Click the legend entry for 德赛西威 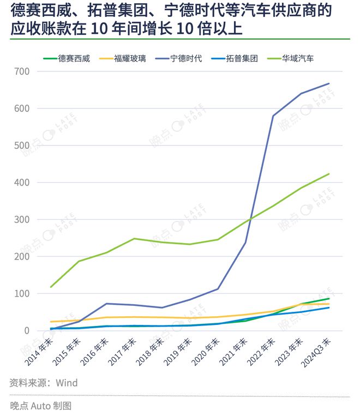coord(67,58)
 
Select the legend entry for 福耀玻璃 coord(123,58)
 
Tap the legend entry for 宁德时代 coord(179,58)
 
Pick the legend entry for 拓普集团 coord(235,58)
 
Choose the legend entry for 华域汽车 coord(291,58)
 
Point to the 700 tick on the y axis coord(22,71)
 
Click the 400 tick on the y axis coord(22,183)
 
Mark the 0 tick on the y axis coord(27,330)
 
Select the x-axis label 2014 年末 coord(39,352)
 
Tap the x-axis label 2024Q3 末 coord(316,352)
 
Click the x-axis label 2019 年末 coord(178,352)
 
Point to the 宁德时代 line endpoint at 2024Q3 coord(329,83)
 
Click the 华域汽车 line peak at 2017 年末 coord(134,238)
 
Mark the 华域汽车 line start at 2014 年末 coord(51,287)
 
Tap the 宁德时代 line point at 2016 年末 coord(106,304)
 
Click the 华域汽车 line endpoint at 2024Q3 coord(329,174)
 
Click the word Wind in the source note coord(67,383)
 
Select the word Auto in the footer coord(41,406)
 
